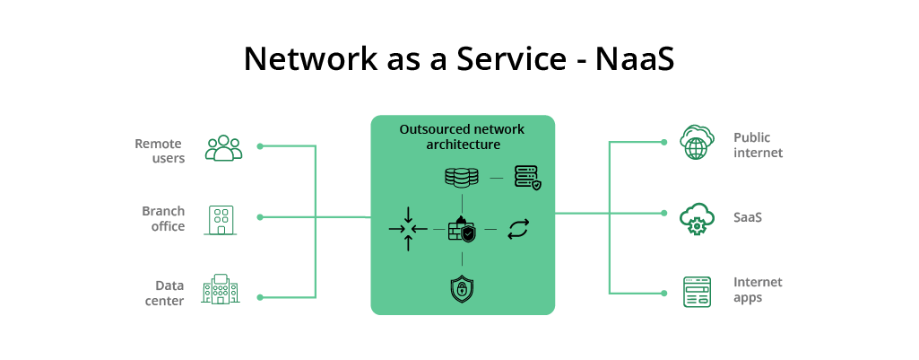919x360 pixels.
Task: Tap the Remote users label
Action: tap(159, 151)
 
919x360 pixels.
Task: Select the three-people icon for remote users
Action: tap(223, 148)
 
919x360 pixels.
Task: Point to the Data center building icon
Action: tap(221, 289)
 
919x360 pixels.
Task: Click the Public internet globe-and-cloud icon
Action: tap(696, 143)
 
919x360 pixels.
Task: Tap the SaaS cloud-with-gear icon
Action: tap(696, 218)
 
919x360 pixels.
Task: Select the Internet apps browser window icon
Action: tap(697, 292)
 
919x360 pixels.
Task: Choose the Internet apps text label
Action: tap(758, 289)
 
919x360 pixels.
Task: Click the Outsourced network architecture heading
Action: tap(462, 136)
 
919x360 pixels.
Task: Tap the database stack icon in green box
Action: tap(462, 177)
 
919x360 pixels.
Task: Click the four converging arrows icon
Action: tap(408, 229)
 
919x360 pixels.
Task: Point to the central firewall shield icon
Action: tap(462, 230)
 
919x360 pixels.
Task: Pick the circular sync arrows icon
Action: tap(519, 229)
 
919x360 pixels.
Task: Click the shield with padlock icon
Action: tap(462, 288)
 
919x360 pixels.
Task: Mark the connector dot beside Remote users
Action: tap(260, 145)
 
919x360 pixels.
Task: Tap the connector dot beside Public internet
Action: tap(664, 142)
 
